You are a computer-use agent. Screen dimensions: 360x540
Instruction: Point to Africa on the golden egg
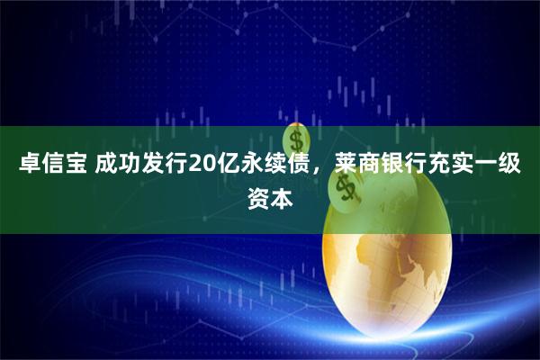click(396, 270)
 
